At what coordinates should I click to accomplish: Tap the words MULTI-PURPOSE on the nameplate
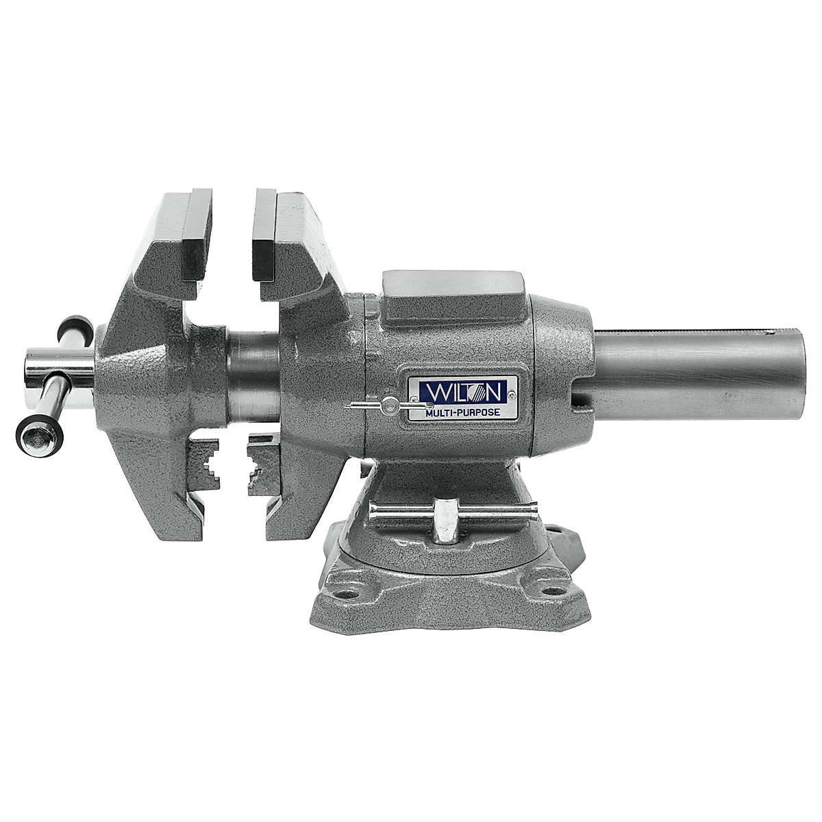[x=462, y=412]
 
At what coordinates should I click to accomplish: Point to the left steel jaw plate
[x=197, y=234]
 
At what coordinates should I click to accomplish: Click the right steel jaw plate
[x=264, y=235]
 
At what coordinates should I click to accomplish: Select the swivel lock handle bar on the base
[x=452, y=511]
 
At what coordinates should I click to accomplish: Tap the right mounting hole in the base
[x=553, y=589]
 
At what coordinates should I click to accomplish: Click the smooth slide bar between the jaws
[x=253, y=377]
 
